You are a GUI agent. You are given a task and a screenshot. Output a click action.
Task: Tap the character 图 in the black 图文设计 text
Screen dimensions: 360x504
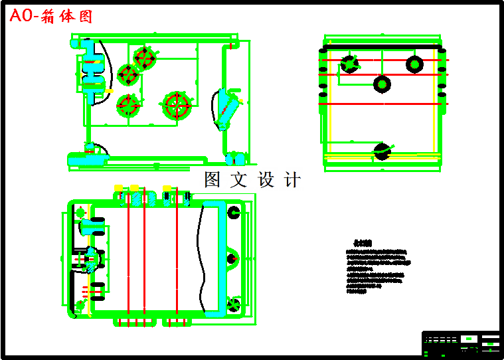(212, 179)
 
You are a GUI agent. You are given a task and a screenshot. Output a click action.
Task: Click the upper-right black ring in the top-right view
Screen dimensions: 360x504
(415, 64)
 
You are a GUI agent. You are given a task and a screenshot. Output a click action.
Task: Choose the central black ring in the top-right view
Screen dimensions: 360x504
(382, 84)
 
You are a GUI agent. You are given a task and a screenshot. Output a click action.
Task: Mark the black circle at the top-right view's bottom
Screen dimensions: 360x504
(381, 151)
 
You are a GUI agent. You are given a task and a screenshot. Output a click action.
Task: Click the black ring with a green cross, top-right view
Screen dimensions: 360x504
(349, 64)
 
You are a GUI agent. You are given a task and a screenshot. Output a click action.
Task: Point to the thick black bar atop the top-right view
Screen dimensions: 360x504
(381, 46)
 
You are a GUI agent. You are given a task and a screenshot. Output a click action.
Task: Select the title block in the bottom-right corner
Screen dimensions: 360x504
(461, 343)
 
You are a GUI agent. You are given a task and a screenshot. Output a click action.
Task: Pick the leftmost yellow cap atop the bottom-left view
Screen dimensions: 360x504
(118, 188)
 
